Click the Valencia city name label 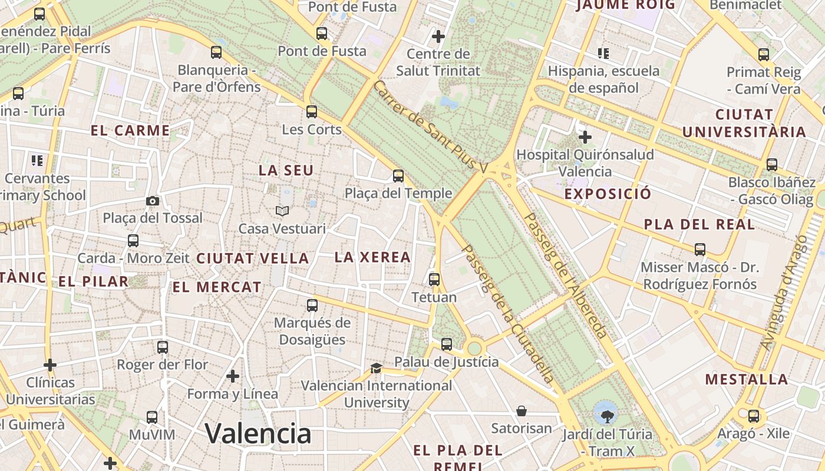pos(258,434)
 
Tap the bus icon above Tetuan pos(434,279)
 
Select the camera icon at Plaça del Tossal pos(153,201)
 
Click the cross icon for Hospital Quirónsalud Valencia pos(585,137)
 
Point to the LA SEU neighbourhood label pos(286,171)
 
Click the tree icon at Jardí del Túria pos(606,417)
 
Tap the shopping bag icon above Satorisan pos(522,410)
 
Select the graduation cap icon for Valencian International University pos(376,369)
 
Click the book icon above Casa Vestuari pos(282,211)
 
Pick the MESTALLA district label pos(747,379)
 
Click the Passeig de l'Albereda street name pos(566,275)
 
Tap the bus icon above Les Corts pos(312,111)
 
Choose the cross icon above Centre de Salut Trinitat pos(438,37)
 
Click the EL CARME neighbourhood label pos(130,131)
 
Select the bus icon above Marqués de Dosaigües pos(312,306)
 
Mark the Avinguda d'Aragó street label pos(783,292)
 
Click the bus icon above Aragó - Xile pos(753,416)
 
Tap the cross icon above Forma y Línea pos(233,376)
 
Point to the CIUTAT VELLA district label pos(252,258)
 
